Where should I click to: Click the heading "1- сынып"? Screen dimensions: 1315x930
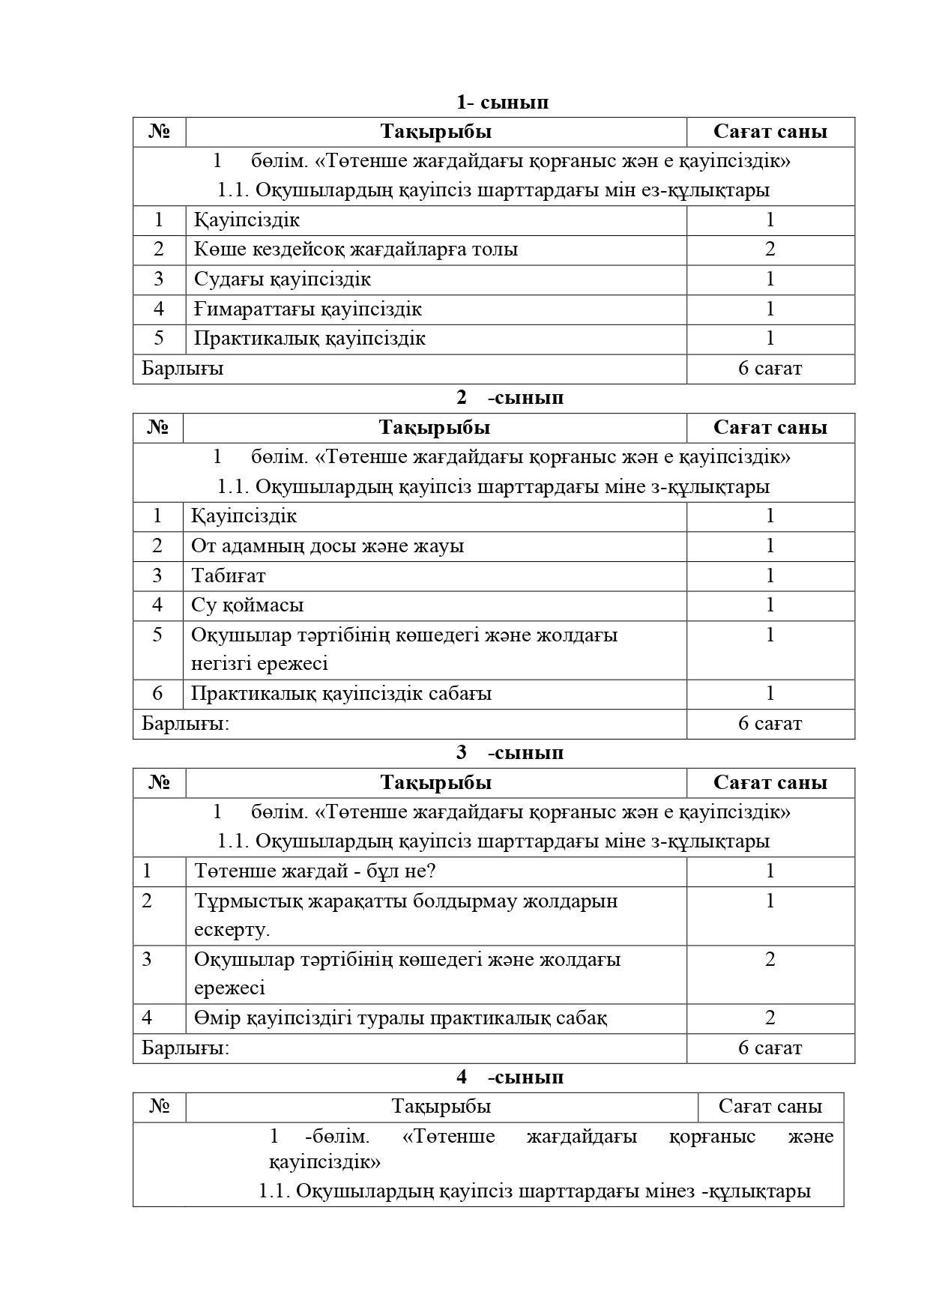(x=502, y=102)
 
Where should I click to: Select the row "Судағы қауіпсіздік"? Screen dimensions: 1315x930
(x=282, y=279)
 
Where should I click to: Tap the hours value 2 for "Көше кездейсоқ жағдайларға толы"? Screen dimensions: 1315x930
(x=770, y=250)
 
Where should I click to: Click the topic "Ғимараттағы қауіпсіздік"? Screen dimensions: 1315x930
(x=307, y=309)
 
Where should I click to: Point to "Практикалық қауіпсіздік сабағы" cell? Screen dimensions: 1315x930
(x=341, y=693)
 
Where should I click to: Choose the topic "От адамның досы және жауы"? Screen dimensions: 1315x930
(x=327, y=545)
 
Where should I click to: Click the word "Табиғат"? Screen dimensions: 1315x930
(x=228, y=575)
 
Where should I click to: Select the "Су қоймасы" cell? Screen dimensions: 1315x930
(x=247, y=605)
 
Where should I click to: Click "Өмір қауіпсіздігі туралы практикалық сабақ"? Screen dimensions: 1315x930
(x=400, y=1018)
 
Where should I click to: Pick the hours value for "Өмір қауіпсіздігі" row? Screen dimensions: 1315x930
(x=770, y=1018)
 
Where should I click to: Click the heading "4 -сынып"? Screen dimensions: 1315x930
(x=510, y=1077)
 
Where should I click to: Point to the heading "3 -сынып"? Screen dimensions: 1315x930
(x=510, y=752)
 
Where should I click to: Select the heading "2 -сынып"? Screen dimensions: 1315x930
(x=510, y=397)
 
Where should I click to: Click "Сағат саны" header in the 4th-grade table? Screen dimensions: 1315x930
(x=770, y=1106)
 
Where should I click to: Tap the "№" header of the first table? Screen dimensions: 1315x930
(x=160, y=132)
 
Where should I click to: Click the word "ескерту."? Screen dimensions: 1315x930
(x=232, y=929)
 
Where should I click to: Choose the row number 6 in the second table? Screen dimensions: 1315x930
(x=157, y=693)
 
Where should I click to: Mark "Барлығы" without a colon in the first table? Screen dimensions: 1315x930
(x=182, y=369)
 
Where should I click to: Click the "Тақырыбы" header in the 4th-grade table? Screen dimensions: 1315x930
(x=441, y=1106)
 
